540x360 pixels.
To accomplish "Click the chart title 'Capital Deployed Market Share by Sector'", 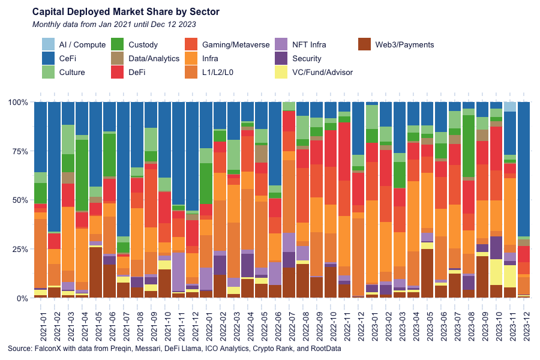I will [118, 12].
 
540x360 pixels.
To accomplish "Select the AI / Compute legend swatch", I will [48, 44].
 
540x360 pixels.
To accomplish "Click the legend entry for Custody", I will [143, 44].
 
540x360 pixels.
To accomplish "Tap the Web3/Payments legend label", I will [404, 44].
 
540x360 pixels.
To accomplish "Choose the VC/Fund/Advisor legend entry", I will [322, 72].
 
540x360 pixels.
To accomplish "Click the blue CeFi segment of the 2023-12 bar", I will [524, 168].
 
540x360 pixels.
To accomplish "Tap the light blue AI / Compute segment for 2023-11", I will [510, 107].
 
